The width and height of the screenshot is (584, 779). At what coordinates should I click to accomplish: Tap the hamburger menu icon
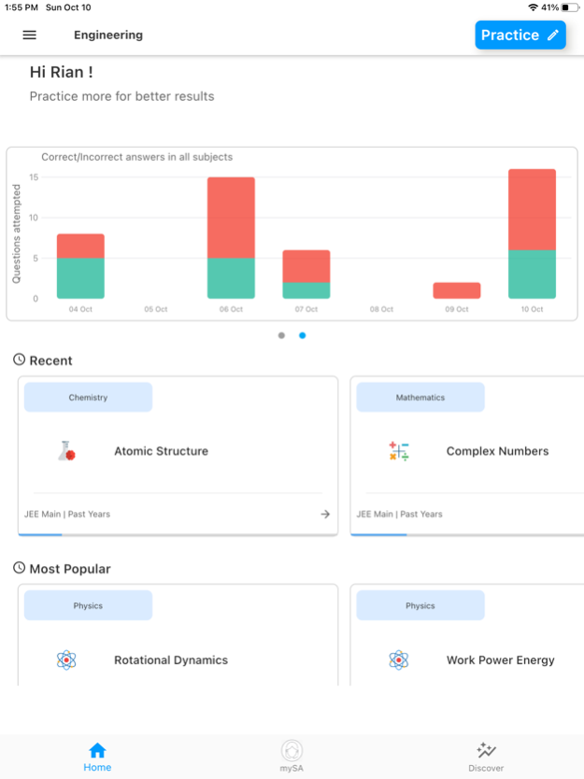(30, 35)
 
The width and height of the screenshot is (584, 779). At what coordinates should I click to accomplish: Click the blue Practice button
(520, 35)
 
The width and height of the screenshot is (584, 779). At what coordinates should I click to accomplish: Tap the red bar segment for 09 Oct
(457, 290)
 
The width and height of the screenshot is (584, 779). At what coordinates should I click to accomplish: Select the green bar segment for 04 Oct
(80, 278)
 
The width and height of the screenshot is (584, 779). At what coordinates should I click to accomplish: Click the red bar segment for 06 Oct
(231, 218)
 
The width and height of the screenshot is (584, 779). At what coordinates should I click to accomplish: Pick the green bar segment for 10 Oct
(532, 275)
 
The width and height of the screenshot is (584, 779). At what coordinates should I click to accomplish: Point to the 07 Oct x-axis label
(306, 309)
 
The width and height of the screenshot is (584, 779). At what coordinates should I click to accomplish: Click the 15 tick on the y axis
(34, 177)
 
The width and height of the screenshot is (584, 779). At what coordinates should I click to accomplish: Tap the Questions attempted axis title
(17, 234)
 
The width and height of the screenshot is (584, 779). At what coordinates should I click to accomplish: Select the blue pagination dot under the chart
(302, 335)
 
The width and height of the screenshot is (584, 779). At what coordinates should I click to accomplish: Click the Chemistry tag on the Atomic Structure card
(88, 397)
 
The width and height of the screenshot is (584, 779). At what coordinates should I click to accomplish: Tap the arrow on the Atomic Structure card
(325, 514)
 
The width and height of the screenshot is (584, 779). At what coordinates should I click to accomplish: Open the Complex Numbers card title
(497, 451)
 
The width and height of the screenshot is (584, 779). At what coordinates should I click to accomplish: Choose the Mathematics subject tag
(420, 397)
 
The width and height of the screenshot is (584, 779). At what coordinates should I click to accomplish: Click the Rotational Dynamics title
(171, 660)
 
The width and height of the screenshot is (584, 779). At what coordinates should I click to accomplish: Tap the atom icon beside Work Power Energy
(399, 660)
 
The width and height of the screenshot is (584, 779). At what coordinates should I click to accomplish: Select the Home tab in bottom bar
(97, 757)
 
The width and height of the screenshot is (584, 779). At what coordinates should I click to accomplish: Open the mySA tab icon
(292, 751)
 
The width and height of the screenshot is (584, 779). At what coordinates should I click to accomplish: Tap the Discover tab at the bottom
(486, 757)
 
